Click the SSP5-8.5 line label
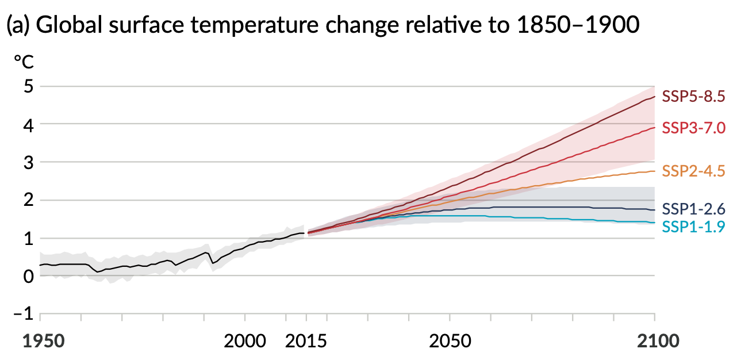(693, 96)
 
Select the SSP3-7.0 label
(693, 128)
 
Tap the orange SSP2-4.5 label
(693, 171)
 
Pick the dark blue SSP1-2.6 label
(693, 208)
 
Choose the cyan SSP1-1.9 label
(693, 227)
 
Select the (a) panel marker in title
(18, 26)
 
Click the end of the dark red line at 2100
(654, 97)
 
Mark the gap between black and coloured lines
(306, 233)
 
